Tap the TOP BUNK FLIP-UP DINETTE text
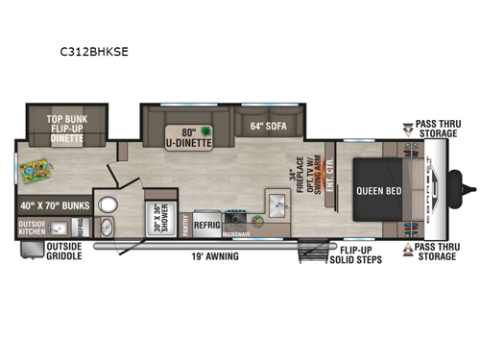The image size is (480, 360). [x=66, y=128]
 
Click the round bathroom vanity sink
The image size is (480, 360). [x=106, y=227]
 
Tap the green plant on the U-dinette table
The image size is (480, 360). [x=204, y=131]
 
